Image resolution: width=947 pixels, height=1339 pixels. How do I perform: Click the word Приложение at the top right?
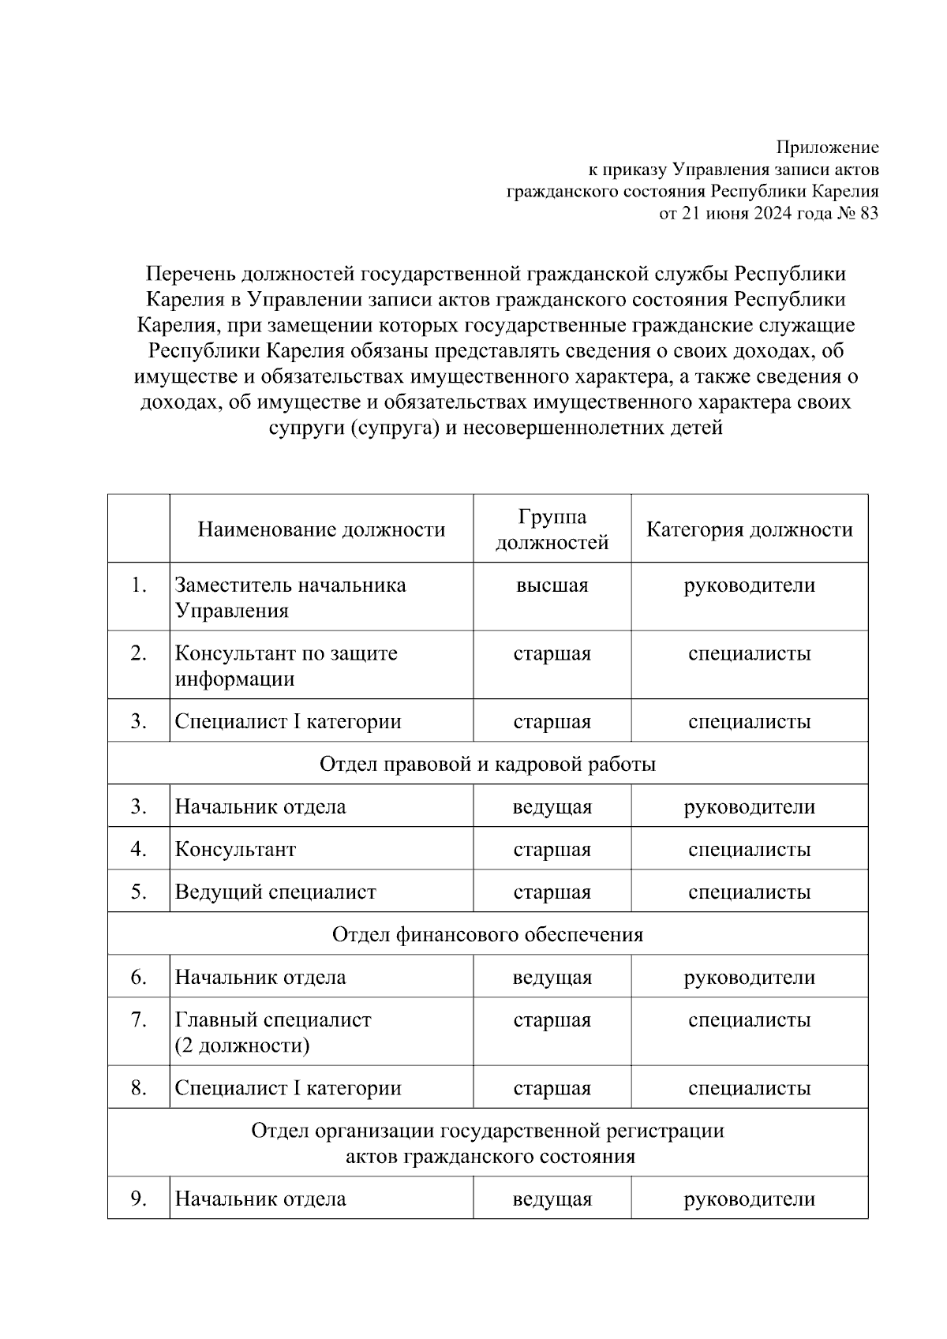coord(827,148)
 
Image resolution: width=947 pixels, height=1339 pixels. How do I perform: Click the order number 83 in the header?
coord(867,213)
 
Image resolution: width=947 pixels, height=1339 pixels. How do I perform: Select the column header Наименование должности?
coord(321,529)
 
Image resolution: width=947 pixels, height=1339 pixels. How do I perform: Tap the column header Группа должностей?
coord(552,529)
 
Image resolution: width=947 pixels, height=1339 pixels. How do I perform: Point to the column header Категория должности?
coord(749,529)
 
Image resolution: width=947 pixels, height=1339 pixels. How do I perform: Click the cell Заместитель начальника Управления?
coord(290,597)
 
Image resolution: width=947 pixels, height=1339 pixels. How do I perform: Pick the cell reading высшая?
coord(552,585)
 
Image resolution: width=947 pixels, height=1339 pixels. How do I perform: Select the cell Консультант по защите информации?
coord(286,665)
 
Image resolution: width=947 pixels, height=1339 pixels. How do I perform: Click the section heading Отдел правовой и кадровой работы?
coord(487,764)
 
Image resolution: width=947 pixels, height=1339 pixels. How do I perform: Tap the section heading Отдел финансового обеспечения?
coord(487,934)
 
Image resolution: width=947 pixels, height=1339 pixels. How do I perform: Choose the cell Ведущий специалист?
coord(275,892)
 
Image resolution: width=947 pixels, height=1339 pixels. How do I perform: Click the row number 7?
coord(139,1020)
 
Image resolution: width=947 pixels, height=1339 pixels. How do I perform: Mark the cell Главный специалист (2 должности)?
coord(272,1032)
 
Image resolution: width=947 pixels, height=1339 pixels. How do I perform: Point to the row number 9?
coord(139,1199)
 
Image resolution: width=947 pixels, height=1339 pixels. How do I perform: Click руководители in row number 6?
coord(749,978)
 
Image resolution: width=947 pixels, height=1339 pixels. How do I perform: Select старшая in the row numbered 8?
coord(552,1088)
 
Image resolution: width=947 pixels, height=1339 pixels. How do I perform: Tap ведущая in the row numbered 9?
coord(552,1199)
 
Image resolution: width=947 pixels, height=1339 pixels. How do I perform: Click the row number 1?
coord(139,585)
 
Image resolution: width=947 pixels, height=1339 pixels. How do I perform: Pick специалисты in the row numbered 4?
coord(749,850)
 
